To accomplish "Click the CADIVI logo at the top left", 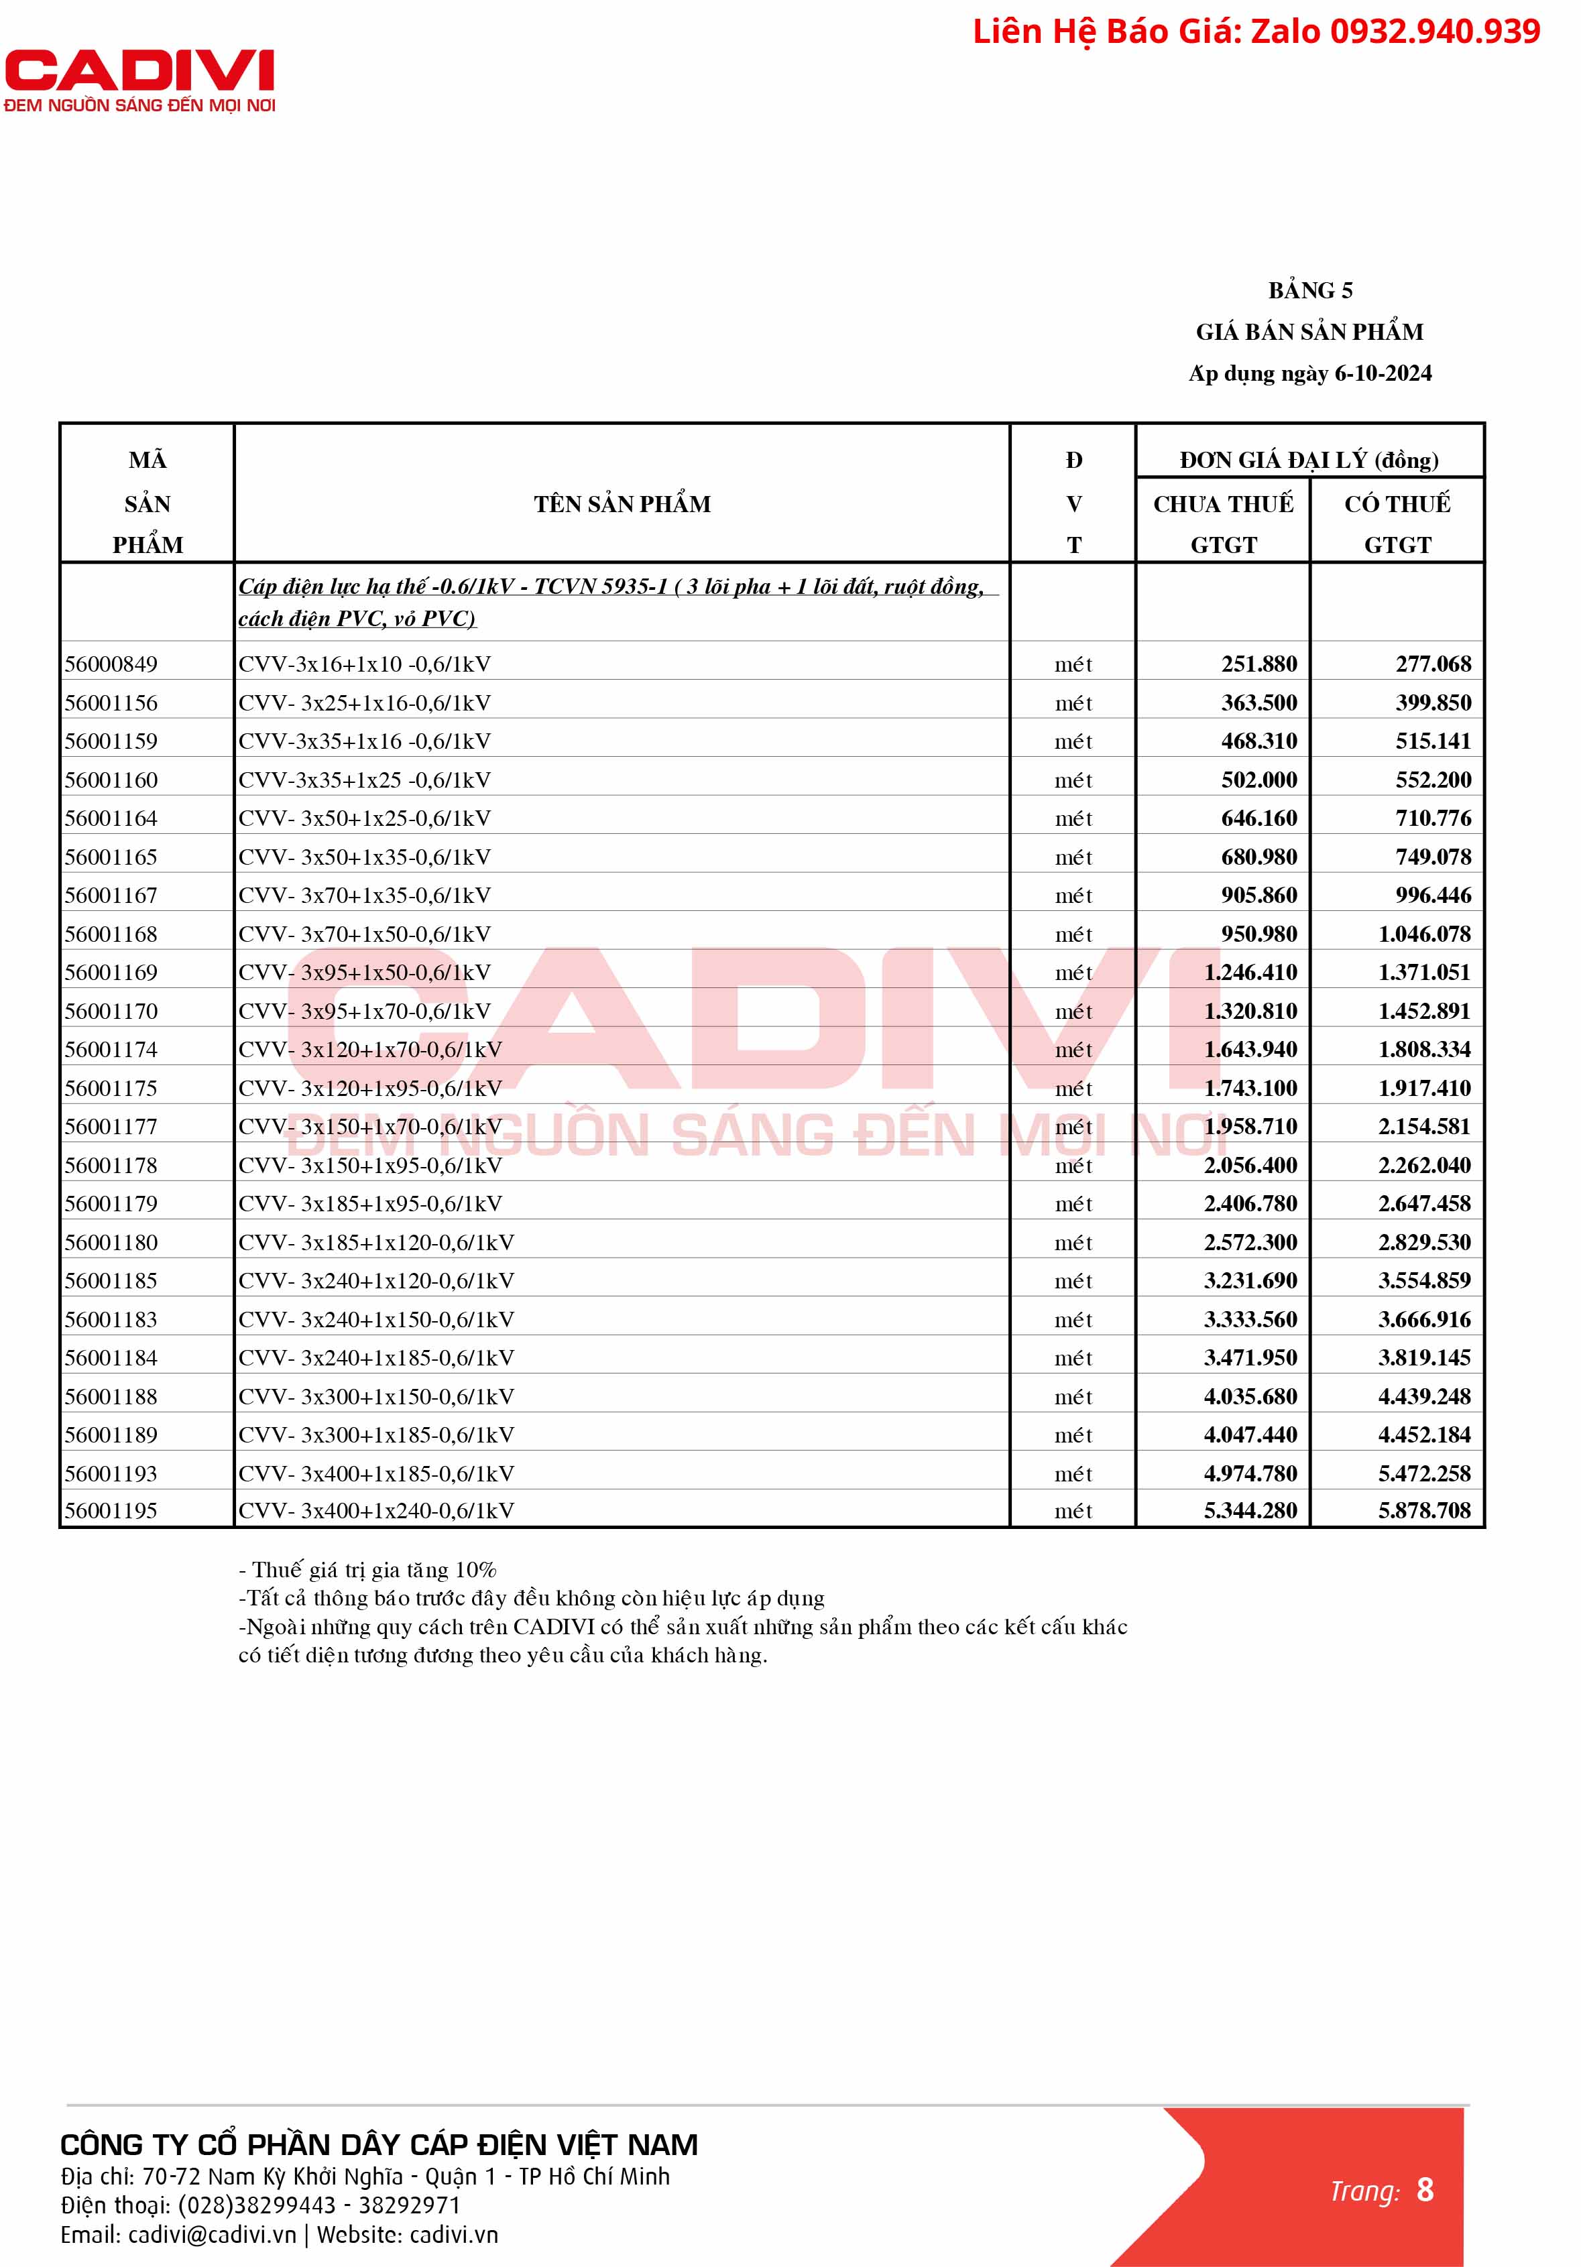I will pos(139,80).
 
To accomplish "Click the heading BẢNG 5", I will pos(1309,290).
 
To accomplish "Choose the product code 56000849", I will pos(111,664).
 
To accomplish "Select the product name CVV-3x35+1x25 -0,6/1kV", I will pos(364,780).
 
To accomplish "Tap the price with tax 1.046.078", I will pos(1424,934).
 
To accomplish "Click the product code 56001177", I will pos(111,1127).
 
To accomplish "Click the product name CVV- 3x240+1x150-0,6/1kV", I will pos(376,1319).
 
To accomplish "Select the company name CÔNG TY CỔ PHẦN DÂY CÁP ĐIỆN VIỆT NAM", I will pos(379,2144).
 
